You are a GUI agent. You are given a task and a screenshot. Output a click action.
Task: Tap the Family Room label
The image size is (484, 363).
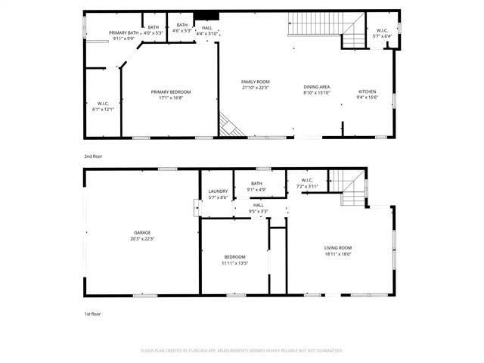tap(255, 84)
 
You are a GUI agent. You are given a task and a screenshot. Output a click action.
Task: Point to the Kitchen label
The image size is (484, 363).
tap(367, 95)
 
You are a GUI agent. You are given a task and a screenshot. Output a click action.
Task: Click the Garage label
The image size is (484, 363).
tap(142, 235)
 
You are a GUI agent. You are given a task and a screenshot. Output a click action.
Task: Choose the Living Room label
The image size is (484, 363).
tap(338, 250)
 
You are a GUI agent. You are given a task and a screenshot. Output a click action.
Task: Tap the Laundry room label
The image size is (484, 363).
tap(218, 194)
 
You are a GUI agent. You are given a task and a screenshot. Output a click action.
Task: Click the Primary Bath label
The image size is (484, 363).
tap(123, 35)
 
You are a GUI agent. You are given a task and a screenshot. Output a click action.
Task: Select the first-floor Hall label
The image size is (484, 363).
tap(258, 208)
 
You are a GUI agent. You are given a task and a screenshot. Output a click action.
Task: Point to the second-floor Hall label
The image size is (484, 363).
tap(206, 30)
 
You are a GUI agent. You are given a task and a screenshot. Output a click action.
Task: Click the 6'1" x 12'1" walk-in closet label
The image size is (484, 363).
tap(103, 107)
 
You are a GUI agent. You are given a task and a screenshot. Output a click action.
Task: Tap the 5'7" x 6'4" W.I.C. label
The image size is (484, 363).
tap(383, 33)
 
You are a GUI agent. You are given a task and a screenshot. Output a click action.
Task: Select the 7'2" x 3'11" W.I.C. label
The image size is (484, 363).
tap(308, 183)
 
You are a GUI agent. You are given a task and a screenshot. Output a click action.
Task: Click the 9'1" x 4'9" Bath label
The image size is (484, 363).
tap(256, 186)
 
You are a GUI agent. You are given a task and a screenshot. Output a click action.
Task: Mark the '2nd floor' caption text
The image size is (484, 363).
tap(92, 156)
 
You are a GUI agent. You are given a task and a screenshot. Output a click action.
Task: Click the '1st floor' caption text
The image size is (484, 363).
tap(92, 313)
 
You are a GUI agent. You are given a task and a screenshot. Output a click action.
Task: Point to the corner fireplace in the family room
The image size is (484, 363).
tap(231, 126)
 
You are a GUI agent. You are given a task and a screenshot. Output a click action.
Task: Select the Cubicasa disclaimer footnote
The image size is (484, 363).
tap(242, 351)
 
